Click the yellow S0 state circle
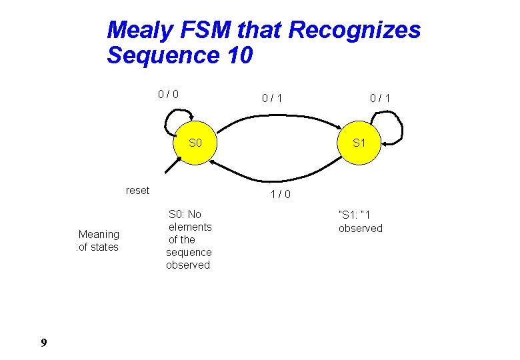pyautogui.click(x=195, y=143)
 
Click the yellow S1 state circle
pyautogui.click(x=359, y=143)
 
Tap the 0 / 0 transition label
pyautogui.click(x=167, y=94)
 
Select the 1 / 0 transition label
pyautogui.click(x=280, y=195)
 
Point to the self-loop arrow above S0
pyautogui.click(x=174, y=123)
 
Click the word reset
pyautogui.click(x=137, y=191)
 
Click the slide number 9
pyautogui.click(x=43, y=343)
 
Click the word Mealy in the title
pyautogui.click(x=137, y=30)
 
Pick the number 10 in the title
pyautogui.click(x=239, y=55)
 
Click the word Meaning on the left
pyautogui.click(x=99, y=234)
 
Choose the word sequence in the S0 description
pyautogui.click(x=189, y=252)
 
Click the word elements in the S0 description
pyautogui.click(x=190, y=227)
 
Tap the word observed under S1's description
pyautogui.click(x=361, y=228)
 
